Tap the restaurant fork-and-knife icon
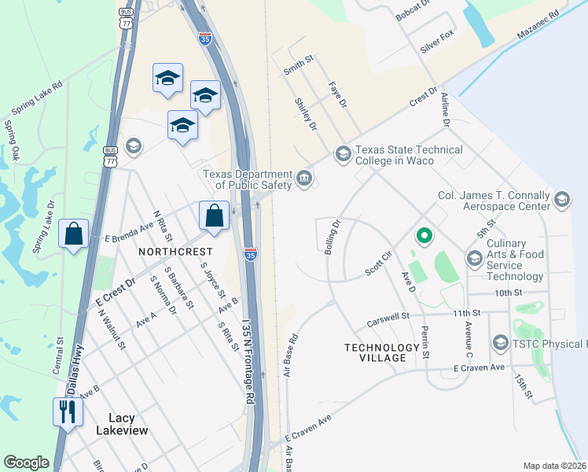pyautogui.click(x=67, y=411)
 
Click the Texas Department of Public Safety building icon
pyautogui.click(x=304, y=180)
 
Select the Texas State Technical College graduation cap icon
pyautogui.click(x=342, y=153)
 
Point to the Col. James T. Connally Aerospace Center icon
pyautogui.click(x=561, y=200)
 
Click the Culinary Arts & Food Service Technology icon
pyautogui.click(x=474, y=258)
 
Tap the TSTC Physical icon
pyautogui.click(x=501, y=343)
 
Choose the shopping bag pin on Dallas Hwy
pyautogui.click(x=73, y=234)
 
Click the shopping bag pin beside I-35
pyautogui.click(x=214, y=215)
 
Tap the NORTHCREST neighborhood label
pyautogui.click(x=175, y=251)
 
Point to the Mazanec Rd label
pyautogui.click(x=538, y=26)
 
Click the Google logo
pyautogui.click(x=26, y=463)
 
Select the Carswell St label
pyautogui.click(x=388, y=320)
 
